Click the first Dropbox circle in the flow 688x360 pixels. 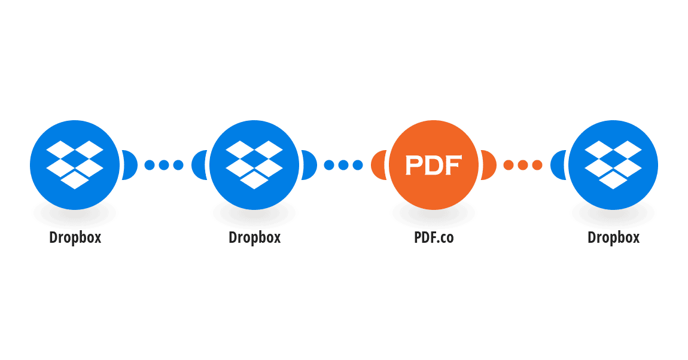(x=75, y=165)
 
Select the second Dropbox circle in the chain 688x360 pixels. (x=254, y=165)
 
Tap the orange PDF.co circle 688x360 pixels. (x=434, y=165)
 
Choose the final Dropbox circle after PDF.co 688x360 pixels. (x=613, y=165)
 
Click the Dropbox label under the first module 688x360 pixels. (x=75, y=237)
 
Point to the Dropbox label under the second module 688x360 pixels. (x=254, y=237)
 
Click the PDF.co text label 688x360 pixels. (x=434, y=237)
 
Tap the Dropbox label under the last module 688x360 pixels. (x=613, y=237)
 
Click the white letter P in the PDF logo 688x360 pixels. (x=414, y=165)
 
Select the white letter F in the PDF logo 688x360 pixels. (x=453, y=165)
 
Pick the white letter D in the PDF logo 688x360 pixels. (x=434, y=165)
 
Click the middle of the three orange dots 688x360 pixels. (x=523, y=165)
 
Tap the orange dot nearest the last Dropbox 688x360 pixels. (x=537, y=165)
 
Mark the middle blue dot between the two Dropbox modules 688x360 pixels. (x=164, y=165)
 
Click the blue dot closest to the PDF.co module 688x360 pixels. (x=358, y=165)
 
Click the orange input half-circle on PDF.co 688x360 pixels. (x=378, y=165)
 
